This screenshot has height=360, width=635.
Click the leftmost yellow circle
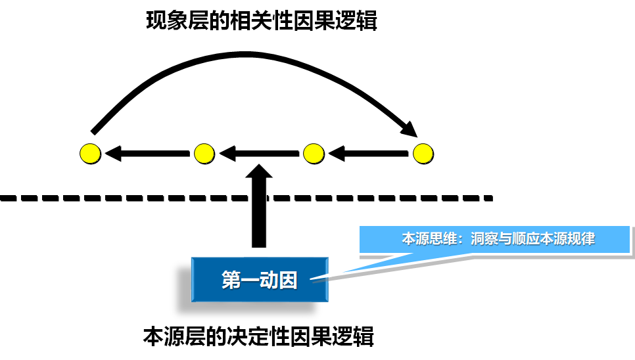pyautogui.click(x=90, y=154)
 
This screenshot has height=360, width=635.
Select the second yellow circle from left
pyautogui.click(x=204, y=154)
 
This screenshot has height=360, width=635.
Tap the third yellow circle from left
pyautogui.click(x=314, y=154)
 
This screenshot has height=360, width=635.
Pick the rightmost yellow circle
pyautogui.click(x=423, y=154)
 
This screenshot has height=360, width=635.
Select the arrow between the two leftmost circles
pyautogui.click(x=146, y=154)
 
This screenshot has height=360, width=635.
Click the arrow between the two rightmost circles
pyautogui.click(x=368, y=154)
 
